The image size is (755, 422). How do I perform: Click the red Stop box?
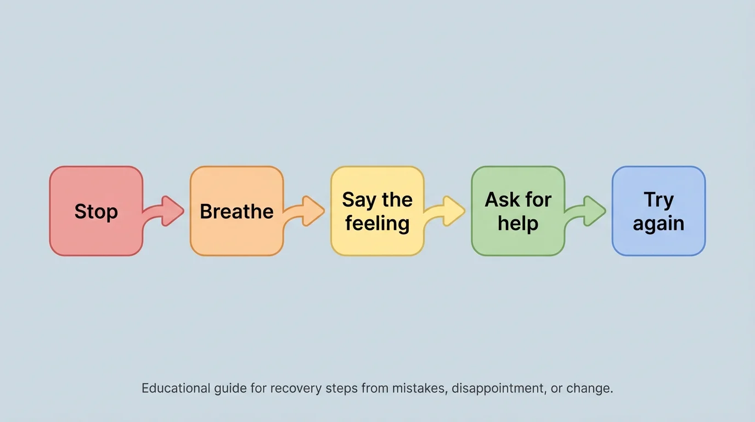96,211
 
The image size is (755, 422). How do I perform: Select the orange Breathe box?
236,211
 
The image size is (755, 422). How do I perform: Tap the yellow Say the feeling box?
377,211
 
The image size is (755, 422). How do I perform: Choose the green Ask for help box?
517,211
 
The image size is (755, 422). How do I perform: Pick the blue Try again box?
658,211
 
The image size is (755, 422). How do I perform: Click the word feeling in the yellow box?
377,224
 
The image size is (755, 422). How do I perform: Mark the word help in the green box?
517,224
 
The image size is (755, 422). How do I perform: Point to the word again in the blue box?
658,224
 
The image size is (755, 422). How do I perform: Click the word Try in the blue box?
658,200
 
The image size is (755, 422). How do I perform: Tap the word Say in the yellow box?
358,200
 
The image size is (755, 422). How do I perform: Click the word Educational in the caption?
176,388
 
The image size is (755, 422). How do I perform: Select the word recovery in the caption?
296,388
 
